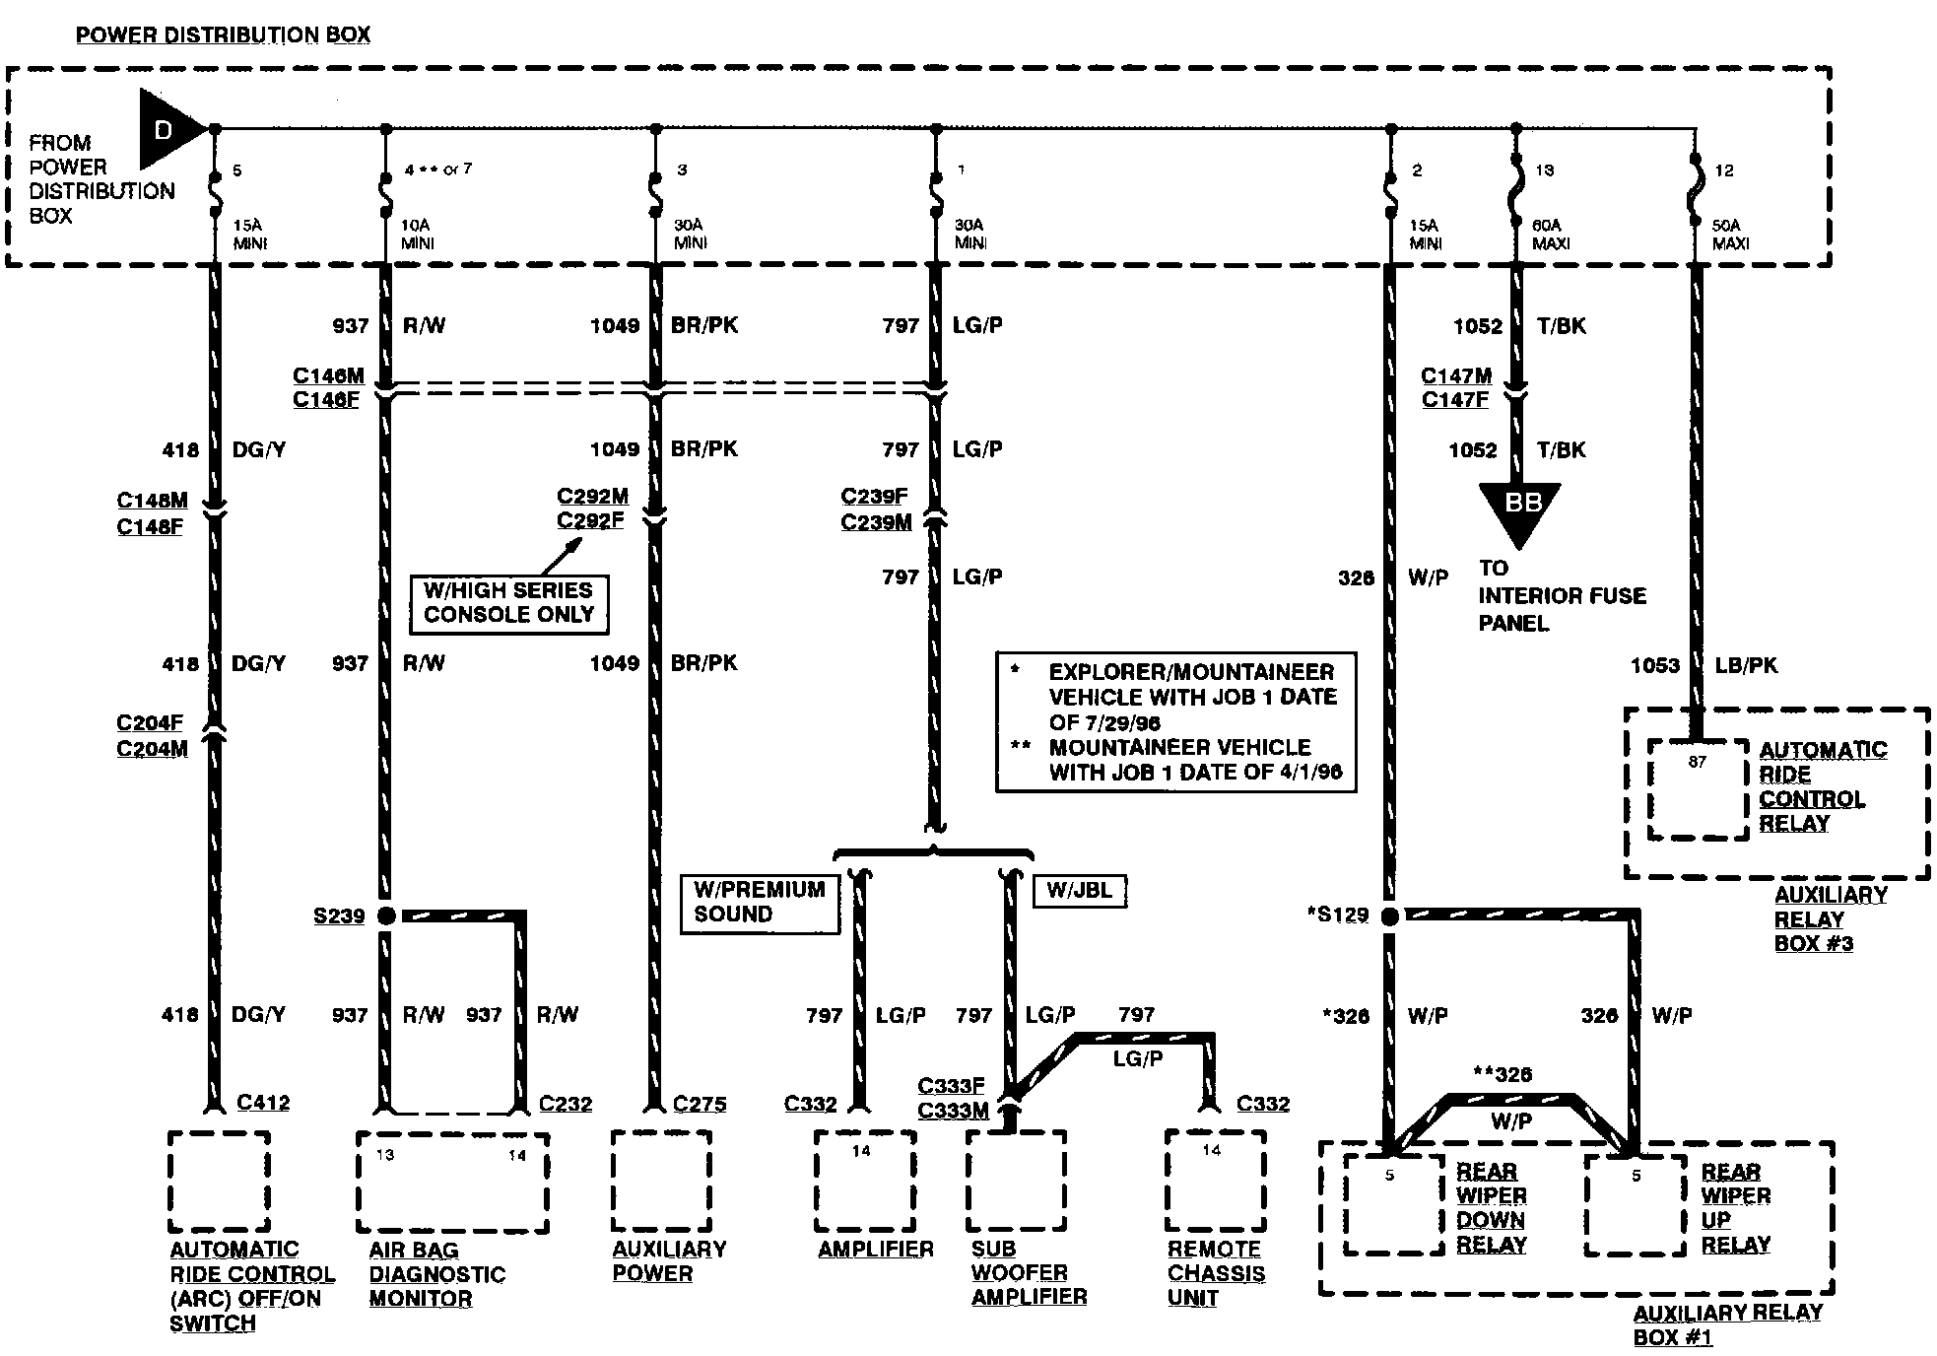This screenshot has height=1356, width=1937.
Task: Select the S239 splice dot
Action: tap(386, 916)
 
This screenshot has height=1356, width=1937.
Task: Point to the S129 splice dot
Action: tap(1390, 916)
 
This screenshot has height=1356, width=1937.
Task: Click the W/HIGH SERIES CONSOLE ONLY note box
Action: tap(508, 603)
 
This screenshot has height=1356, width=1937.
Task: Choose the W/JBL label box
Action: tap(1079, 891)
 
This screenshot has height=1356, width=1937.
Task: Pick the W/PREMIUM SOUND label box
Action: tap(760, 903)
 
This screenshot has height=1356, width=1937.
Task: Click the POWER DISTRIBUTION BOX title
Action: tap(223, 35)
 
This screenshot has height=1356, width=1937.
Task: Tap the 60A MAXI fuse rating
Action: tap(1550, 234)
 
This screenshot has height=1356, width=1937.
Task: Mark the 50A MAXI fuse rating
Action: tap(1730, 234)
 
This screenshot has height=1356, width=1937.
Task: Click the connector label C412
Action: tap(263, 1103)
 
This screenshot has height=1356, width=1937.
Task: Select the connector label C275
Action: tap(700, 1104)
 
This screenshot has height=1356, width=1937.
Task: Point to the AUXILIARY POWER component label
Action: tap(669, 1261)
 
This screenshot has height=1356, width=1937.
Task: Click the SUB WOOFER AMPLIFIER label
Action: tap(1029, 1273)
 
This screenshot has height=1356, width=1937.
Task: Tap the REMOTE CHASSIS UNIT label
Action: tap(1216, 1273)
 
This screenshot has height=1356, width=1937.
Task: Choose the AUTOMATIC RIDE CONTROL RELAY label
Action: tap(1822, 786)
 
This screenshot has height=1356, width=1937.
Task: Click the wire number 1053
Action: tap(1654, 666)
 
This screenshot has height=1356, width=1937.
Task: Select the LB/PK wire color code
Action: tap(1746, 666)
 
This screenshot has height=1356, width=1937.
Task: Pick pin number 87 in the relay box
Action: tap(1697, 762)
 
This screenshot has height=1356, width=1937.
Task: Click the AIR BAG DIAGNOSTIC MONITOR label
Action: tap(436, 1274)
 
